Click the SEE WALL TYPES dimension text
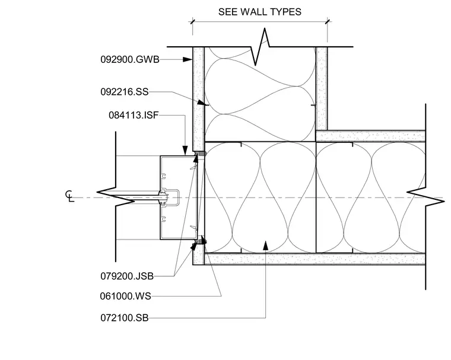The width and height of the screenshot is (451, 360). pos(260,12)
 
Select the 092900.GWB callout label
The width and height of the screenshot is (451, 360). pos(130,59)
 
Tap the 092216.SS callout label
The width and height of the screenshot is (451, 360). pos(125,92)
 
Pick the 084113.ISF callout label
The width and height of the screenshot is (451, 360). pos(134,115)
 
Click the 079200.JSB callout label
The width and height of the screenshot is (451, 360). pos(127,276)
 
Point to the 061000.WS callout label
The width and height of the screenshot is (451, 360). pos(125,296)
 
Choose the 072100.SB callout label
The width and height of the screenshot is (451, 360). pos(125,318)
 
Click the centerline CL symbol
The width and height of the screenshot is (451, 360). pos(69,196)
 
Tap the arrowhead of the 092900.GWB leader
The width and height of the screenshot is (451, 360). pos(188,59)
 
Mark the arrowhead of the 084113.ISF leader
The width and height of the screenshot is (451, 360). pos(185,151)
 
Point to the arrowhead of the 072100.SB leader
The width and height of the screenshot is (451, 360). pos(265,246)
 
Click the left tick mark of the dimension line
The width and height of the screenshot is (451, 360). pos(193,21)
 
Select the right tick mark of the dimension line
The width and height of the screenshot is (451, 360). pos(328,21)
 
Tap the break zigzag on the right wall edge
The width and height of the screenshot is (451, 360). pos(425,197)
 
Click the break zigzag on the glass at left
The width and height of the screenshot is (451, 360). pos(116,197)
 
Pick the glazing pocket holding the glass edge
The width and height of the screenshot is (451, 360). pos(170,197)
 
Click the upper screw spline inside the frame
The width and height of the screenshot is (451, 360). pos(164,176)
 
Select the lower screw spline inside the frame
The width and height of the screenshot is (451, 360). pos(164,219)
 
